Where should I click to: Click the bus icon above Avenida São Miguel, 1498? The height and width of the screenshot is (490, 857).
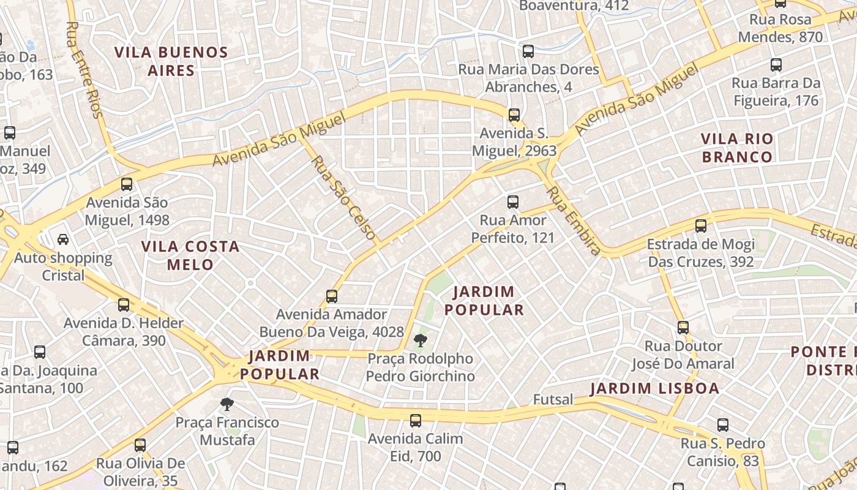[127, 184]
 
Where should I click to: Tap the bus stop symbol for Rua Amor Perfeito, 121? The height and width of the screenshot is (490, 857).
[513, 202]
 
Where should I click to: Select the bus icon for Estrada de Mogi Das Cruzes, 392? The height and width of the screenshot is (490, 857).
[701, 226]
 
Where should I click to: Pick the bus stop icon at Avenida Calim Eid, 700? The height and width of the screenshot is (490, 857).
[416, 421]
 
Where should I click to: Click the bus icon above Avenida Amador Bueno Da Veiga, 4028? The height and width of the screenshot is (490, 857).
[332, 296]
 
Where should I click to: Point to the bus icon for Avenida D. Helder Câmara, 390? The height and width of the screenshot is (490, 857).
[124, 304]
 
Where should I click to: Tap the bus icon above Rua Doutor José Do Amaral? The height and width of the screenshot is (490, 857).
[683, 328]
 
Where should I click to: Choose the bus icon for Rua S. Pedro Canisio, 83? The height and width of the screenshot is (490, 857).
[723, 425]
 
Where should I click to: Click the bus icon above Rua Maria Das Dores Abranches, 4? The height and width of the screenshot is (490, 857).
[528, 51]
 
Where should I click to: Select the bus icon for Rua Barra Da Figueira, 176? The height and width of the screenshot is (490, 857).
[776, 65]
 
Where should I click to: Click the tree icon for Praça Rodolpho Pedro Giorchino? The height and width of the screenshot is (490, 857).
[420, 341]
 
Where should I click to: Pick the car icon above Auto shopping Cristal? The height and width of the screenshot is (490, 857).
[63, 239]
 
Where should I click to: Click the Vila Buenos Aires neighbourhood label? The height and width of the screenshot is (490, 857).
[171, 61]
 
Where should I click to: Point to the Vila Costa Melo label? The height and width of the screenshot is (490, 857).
[190, 255]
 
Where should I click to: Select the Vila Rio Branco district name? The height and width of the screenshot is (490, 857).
[737, 148]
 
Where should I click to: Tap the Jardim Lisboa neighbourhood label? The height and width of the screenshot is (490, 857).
[654, 388]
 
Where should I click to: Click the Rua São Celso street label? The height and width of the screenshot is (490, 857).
[343, 198]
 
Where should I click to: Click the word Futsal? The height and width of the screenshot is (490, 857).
[553, 400]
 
